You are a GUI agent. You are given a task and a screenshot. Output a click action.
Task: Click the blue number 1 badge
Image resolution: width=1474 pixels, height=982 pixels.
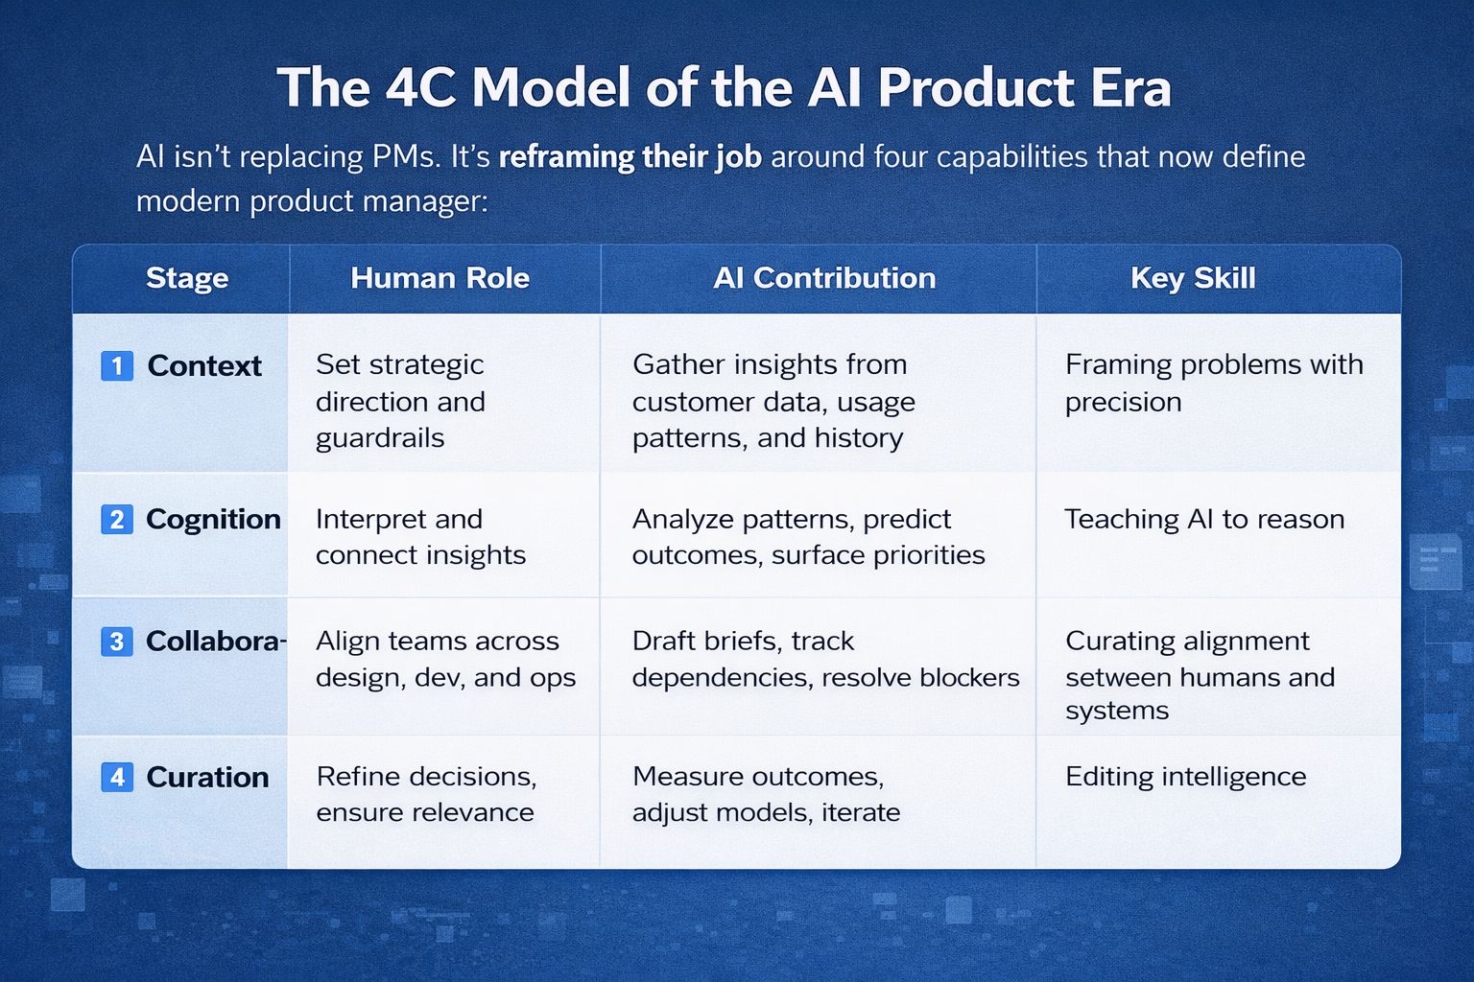(117, 365)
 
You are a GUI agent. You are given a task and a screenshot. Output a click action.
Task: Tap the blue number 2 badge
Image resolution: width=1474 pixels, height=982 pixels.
(117, 520)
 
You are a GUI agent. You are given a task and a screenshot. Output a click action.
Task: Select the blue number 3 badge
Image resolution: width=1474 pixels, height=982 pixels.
(117, 642)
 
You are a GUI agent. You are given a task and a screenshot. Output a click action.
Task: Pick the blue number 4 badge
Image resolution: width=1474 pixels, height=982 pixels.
(117, 777)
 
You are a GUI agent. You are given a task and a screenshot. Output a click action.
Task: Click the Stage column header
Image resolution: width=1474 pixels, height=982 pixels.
(187, 278)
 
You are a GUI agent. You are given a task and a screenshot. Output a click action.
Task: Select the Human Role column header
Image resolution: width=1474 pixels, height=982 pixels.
(440, 278)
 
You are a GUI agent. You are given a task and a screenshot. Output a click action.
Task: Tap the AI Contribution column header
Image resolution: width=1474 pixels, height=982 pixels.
(824, 278)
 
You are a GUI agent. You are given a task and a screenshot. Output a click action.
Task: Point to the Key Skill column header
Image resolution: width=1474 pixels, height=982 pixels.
(1193, 278)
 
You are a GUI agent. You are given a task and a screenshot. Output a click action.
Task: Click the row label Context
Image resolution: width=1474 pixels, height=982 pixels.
(204, 365)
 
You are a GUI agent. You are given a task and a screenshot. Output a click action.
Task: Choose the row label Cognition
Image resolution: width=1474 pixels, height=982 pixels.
(213, 520)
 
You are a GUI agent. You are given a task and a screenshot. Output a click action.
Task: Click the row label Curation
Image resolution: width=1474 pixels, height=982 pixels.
(207, 778)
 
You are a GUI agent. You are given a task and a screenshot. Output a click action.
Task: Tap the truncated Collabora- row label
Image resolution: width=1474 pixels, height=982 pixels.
(216, 642)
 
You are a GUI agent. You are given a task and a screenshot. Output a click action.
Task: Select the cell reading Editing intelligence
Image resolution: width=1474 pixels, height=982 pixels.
(1186, 777)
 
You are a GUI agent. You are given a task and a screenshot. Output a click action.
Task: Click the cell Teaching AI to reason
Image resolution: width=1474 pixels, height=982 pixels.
(1204, 520)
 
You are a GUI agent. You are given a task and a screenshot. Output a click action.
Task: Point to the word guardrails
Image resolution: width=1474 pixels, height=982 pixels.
(380, 439)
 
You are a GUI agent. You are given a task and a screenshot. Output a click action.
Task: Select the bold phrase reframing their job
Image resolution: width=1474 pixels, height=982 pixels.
(630, 158)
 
